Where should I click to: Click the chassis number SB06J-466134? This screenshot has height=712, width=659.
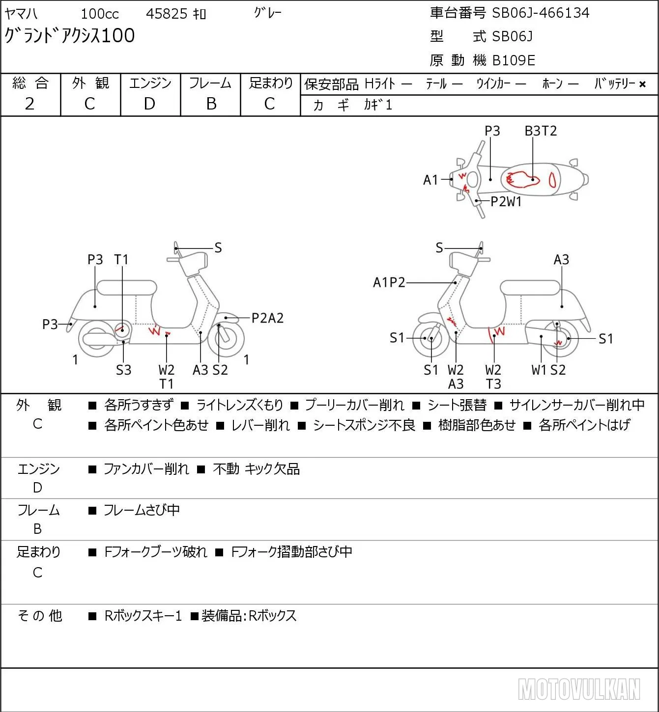(540, 13)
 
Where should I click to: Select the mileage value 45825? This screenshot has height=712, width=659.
(167, 14)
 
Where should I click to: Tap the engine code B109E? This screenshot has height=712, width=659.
(514, 60)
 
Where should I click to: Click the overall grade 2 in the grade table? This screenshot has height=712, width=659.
(29, 104)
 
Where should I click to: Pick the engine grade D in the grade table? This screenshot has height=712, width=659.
(149, 104)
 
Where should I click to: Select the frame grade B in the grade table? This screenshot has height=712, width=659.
(211, 104)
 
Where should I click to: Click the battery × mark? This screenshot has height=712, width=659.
(642, 84)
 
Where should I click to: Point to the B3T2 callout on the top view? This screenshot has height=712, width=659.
(541, 131)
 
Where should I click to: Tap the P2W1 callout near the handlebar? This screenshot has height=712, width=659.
(506, 202)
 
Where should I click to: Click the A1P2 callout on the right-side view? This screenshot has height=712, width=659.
(389, 283)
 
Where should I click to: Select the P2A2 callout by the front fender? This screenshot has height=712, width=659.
(267, 318)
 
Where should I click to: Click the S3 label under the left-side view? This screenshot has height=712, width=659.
(123, 370)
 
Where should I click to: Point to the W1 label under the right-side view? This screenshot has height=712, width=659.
(539, 370)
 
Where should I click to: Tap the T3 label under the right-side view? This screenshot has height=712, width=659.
(493, 384)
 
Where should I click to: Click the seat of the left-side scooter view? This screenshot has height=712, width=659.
(127, 288)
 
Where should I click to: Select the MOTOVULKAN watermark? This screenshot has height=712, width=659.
(579, 689)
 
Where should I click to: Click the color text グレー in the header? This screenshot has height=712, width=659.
(268, 13)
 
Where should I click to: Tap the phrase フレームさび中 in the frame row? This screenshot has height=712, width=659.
(142, 510)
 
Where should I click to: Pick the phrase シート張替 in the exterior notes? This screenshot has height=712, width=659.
(457, 405)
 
